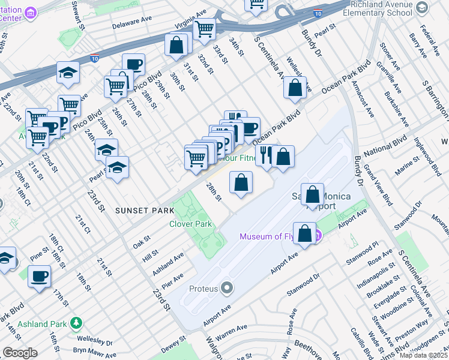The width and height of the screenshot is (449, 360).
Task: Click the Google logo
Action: click(x=20, y=353)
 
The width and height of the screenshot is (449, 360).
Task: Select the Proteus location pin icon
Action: click(x=226, y=289)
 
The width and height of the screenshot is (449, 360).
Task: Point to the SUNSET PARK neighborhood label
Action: click(x=145, y=211)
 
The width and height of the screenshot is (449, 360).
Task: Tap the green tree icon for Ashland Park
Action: click(x=76, y=323)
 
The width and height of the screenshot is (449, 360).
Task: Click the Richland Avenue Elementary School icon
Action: click(x=422, y=7)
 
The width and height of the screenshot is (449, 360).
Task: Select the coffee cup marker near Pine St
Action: click(x=40, y=277)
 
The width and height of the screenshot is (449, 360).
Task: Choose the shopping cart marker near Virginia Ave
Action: click(x=205, y=28)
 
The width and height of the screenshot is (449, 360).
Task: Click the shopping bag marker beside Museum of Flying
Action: click(x=305, y=233)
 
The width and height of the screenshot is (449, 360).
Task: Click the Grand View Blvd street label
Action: click(x=373, y=182)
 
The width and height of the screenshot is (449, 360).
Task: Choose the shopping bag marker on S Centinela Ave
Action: click(x=295, y=88)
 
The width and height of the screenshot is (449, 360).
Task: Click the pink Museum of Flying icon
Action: click(x=319, y=236)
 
